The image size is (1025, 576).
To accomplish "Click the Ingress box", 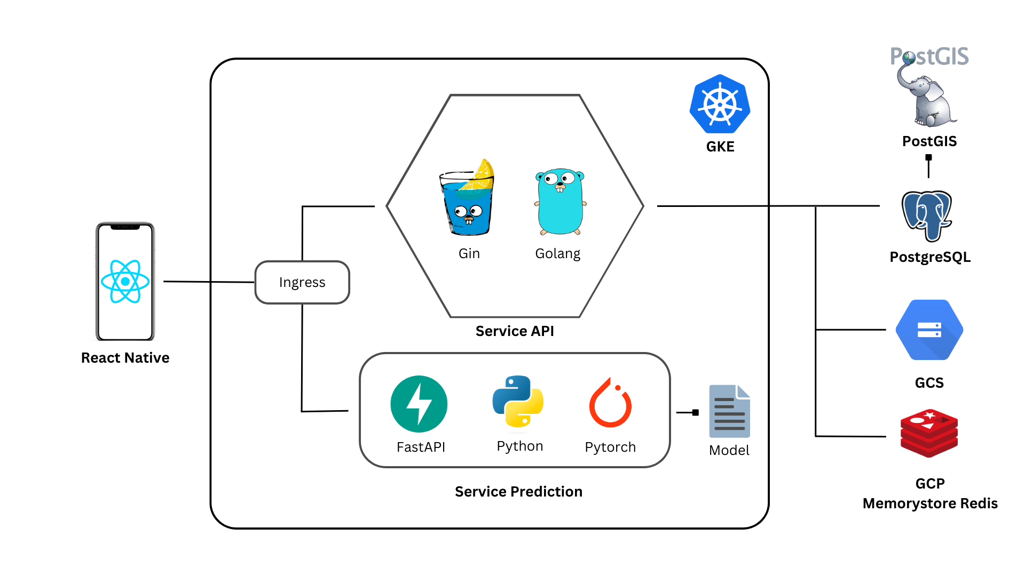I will (302, 282).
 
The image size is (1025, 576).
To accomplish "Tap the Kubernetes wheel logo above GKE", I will (720, 104).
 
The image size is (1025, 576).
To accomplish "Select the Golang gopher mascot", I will (560, 202).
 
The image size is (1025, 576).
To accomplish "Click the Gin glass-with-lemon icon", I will (468, 200).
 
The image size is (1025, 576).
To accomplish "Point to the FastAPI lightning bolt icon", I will (419, 404).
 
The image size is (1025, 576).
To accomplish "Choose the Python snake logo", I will (518, 401).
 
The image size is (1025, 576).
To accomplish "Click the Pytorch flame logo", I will (610, 404).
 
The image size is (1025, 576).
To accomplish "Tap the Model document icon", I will (729, 411).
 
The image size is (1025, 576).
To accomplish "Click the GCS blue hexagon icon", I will (929, 330).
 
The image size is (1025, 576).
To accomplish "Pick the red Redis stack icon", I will (929, 433).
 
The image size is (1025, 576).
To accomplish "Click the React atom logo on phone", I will (125, 281).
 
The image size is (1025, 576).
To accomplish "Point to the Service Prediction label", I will (518, 491).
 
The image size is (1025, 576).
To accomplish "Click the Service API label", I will (515, 331).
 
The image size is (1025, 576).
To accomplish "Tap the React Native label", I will (125, 358).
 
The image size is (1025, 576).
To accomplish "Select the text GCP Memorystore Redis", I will (930, 494).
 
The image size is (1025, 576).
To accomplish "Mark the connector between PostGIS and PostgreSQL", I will (928, 166).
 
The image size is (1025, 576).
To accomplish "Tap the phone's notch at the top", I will (125, 227).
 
